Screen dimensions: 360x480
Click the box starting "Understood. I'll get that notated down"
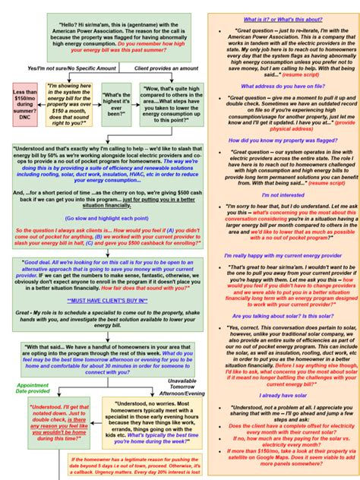(58, 422)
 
